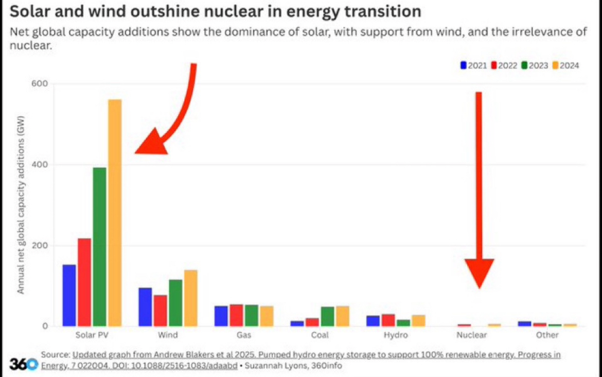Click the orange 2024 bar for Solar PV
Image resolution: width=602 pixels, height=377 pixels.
click(115, 212)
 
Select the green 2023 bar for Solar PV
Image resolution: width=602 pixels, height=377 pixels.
click(99, 246)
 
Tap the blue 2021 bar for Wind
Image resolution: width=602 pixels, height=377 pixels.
click(145, 307)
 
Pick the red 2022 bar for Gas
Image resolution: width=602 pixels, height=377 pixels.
click(237, 315)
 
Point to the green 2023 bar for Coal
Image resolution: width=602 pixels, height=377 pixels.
click(327, 316)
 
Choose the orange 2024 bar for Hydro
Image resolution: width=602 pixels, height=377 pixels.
click(418, 320)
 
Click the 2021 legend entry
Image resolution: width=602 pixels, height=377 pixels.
click(473, 65)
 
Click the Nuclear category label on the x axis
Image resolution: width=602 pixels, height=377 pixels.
click(471, 335)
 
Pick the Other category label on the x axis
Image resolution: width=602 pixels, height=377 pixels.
click(547, 335)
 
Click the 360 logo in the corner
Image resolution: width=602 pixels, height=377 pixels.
click(24, 363)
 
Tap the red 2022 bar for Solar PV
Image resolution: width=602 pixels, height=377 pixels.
click(84, 282)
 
